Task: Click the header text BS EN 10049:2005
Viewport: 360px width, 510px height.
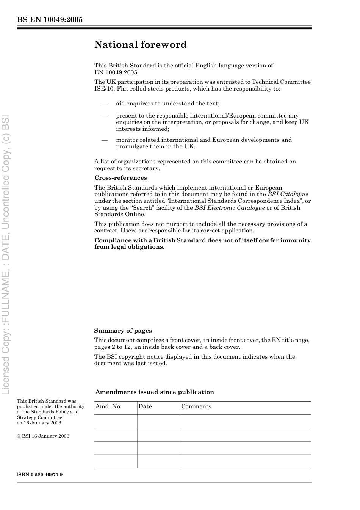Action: (x=50, y=20)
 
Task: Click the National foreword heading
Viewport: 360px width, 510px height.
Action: (x=140, y=45)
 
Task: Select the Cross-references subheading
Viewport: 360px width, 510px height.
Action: (x=121, y=178)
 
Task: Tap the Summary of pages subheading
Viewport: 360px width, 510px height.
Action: (x=123, y=331)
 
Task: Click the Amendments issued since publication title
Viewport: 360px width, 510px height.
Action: (x=155, y=392)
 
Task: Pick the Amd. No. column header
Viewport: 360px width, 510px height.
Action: (x=108, y=406)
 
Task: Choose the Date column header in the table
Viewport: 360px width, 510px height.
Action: (x=145, y=406)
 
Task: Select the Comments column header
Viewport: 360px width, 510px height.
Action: (x=196, y=406)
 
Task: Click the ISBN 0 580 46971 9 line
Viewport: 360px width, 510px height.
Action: (x=40, y=475)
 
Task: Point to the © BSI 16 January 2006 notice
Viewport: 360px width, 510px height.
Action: (x=43, y=436)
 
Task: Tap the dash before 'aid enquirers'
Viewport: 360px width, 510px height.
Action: (x=104, y=104)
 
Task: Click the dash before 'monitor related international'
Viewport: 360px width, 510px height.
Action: (x=104, y=140)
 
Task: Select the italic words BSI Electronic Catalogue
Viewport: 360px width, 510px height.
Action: (x=230, y=208)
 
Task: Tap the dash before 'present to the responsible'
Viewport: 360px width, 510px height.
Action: (x=104, y=116)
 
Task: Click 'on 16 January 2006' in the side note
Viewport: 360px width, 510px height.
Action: (x=39, y=423)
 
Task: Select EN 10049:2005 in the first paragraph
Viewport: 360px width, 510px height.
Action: (x=116, y=72)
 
